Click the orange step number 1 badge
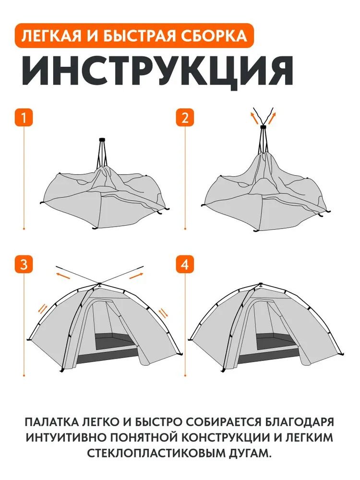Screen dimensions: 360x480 point(24,118)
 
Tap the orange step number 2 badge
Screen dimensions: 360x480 point(185,118)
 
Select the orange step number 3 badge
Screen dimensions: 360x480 point(24,264)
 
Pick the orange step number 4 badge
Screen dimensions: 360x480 point(185,264)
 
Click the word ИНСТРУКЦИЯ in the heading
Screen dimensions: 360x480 point(157,71)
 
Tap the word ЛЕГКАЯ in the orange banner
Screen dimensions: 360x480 point(51,36)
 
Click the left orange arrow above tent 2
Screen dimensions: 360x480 point(254,117)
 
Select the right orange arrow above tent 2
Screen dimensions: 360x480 point(272,118)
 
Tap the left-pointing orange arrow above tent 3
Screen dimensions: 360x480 point(63,276)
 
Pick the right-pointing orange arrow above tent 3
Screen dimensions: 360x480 point(136,276)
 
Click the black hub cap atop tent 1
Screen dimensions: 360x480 point(102,139)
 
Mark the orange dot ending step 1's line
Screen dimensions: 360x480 point(24,228)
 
